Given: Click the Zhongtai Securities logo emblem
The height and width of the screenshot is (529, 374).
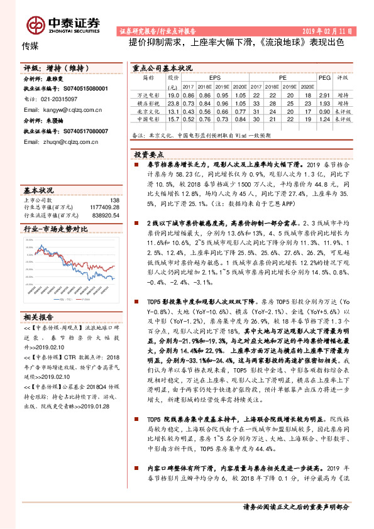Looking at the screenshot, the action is click(36, 25).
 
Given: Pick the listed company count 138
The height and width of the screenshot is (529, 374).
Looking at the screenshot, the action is click(114, 200).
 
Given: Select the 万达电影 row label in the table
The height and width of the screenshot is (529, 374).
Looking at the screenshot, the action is click(148, 94).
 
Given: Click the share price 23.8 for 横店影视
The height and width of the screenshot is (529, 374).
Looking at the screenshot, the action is click(173, 102).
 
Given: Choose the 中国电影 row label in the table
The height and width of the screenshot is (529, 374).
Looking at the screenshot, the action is click(148, 118).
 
